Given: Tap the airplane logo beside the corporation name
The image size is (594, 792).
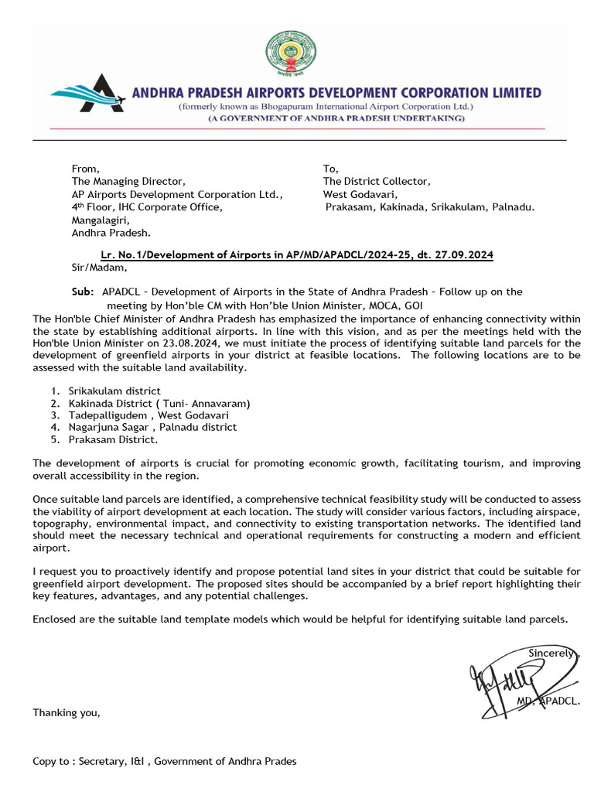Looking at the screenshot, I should pyautogui.click(x=90, y=94).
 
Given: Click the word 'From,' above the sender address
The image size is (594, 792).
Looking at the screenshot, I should pyautogui.click(x=85, y=168).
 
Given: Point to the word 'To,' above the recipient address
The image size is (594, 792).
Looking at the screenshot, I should pyautogui.click(x=330, y=168).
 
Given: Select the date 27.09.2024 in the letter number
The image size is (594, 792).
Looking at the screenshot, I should pyautogui.click(x=466, y=254).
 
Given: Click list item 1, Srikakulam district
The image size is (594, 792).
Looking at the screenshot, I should pyautogui.click(x=114, y=391).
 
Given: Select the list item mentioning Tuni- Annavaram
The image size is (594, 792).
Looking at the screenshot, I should pyautogui.click(x=159, y=403).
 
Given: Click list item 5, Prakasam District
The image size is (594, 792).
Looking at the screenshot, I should pyautogui.click(x=112, y=439).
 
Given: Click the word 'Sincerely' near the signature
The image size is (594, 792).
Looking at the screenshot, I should pyautogui.click(x=551, y=653).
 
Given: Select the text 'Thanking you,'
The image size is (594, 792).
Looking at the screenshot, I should pyautogui.click(x=67, y=712).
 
